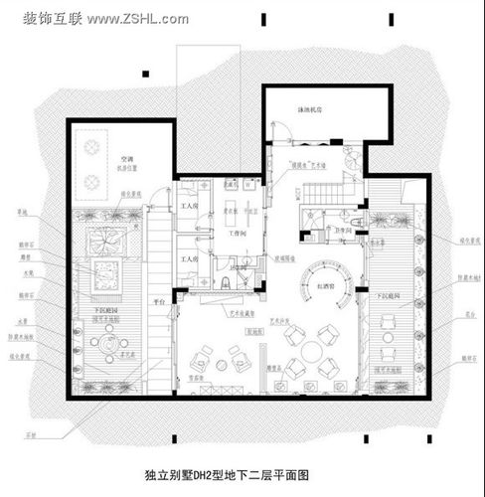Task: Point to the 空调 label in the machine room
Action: [125, 157]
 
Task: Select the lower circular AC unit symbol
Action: [91, 181]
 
